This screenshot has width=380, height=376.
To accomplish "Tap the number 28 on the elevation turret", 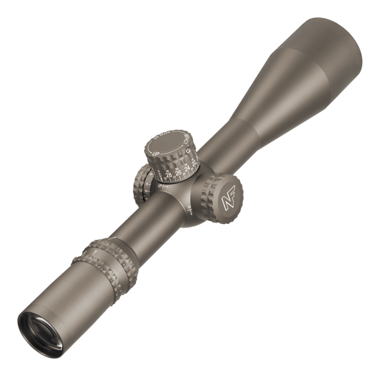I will pyautogui.click(x=169, y=175).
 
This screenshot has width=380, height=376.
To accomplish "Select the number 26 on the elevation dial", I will pyautogui.click(x=179, y=173).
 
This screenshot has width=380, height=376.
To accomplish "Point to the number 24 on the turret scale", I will pyautogui.click(x=188, y=169).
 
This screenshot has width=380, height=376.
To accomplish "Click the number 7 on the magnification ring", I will pyautogui.click(x=94, y=252).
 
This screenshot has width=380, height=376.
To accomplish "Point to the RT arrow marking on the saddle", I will pyautogui.click(x=189, y=208).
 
